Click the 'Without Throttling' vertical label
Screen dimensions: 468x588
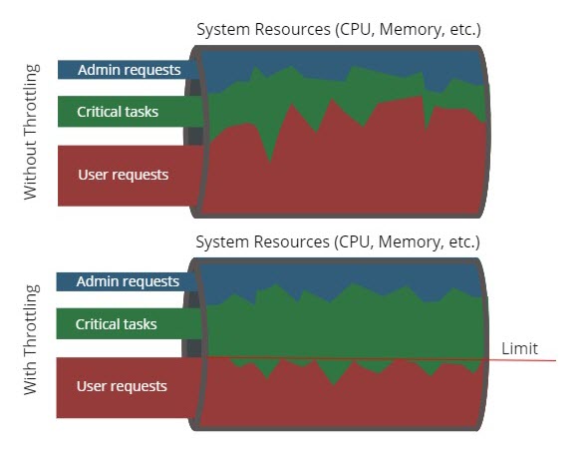pyautogui.click(x=31, y=131)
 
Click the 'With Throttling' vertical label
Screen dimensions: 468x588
pyautogui.click(x=31, y=339)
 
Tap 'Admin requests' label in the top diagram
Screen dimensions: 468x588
pyautogui.click(x=129, y=70)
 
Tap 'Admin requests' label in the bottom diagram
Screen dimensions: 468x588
pyautogui.click(x=128, y=282)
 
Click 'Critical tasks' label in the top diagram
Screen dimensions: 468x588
pyautogui.click(x=118, y=112)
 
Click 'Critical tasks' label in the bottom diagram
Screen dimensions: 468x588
pyautogui.click(x=117, y=324)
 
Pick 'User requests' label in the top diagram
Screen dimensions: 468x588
pyautogui.click(x=123, y=176)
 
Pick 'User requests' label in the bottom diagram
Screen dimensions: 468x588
pyautogui.click(x=122, y=387)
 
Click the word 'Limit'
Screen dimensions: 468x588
pyautogui.click(x=520, y=348)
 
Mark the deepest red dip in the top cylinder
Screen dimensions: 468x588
pyautogui.click(x=268, y=158)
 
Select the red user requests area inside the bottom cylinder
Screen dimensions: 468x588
pyautogui.click(x=339, y=399)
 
